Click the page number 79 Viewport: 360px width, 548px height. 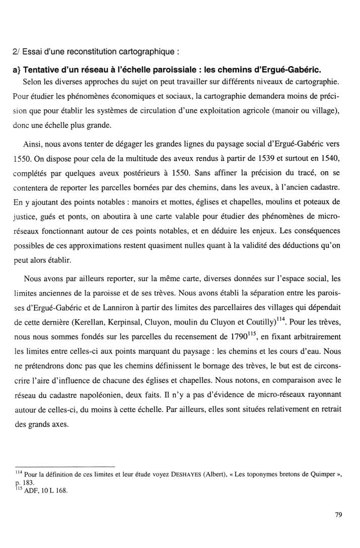click(x=338, y=514)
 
